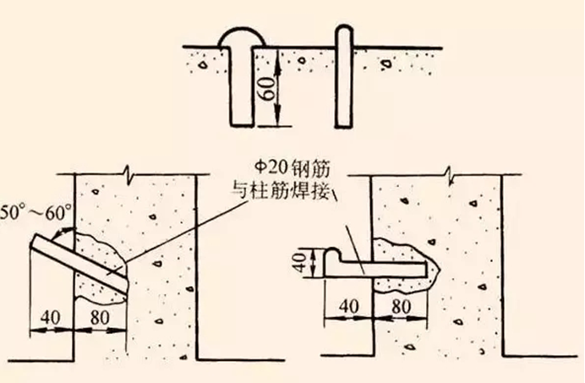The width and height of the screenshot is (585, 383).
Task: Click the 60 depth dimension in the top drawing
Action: tap(270, 89)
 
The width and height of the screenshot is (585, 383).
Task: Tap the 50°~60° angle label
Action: tap(36, 213)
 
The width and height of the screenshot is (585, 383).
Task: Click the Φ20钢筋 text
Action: tap(292, 169)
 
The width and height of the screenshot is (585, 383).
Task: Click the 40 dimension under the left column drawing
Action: tap(51, 318)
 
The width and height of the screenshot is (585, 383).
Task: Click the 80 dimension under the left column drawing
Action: tap(100, 318)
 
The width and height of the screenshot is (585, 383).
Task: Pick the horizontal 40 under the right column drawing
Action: tap(349, 307)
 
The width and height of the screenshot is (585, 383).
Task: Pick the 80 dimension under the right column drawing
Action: tap(401, 307)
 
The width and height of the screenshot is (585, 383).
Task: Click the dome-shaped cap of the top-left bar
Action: tap(242, 37)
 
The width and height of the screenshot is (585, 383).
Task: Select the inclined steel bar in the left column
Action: tap(79, 262)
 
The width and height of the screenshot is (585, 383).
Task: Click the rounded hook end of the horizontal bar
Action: tap(333, 254)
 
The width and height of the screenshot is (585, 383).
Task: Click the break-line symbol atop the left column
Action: tap(128, 174)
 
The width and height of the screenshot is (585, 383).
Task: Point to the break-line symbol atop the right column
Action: tap(451, 175)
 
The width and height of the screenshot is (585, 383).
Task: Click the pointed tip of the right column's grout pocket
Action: tap(440, 269)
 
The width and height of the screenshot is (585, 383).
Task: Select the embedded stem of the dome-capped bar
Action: tap(242, 86)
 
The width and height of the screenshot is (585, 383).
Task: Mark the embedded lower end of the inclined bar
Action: tap(124, 286)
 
